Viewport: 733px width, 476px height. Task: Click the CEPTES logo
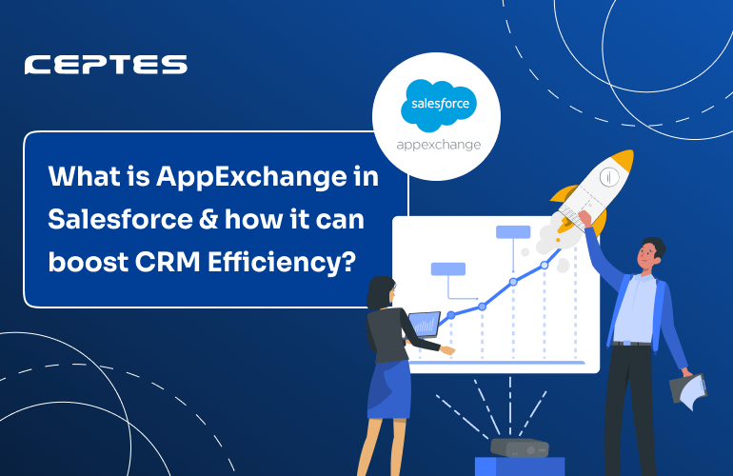click(106, 65)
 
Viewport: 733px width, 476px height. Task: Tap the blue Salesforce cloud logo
click(439, 106)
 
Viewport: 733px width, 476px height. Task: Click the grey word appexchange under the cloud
click(439, 145)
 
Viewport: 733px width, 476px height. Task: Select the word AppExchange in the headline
click(251, 178)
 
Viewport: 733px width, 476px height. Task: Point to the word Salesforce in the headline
click(121, 219)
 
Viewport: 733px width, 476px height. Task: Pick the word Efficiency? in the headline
click(282, 263)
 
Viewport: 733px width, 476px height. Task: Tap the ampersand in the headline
click(208, 219)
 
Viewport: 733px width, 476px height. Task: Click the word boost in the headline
click(88, 262)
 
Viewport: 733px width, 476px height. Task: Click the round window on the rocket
click(608, 177)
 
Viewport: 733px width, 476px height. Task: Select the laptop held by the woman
click(425, 324)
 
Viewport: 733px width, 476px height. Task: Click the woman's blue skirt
click(389, 389)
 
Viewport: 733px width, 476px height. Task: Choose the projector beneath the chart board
click(520, 448)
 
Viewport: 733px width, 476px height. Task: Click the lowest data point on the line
click(451, 315)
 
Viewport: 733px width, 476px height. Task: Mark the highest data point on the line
click(545, 265)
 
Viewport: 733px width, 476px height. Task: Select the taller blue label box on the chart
click(513, 232)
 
